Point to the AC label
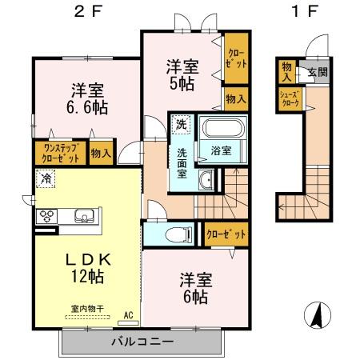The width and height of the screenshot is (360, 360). pos(127,317)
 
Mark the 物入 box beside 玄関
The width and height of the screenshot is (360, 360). pos(286,70)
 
